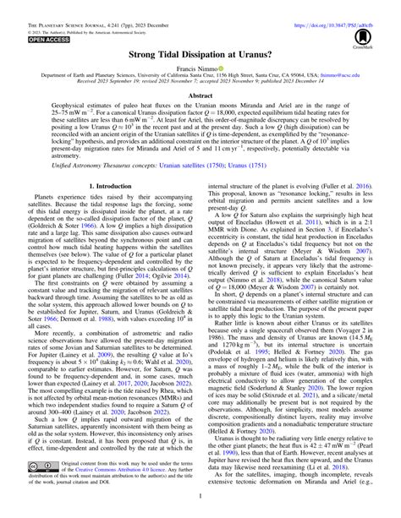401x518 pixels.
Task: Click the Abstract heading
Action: (200, 97)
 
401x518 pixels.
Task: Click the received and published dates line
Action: (200, 84)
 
